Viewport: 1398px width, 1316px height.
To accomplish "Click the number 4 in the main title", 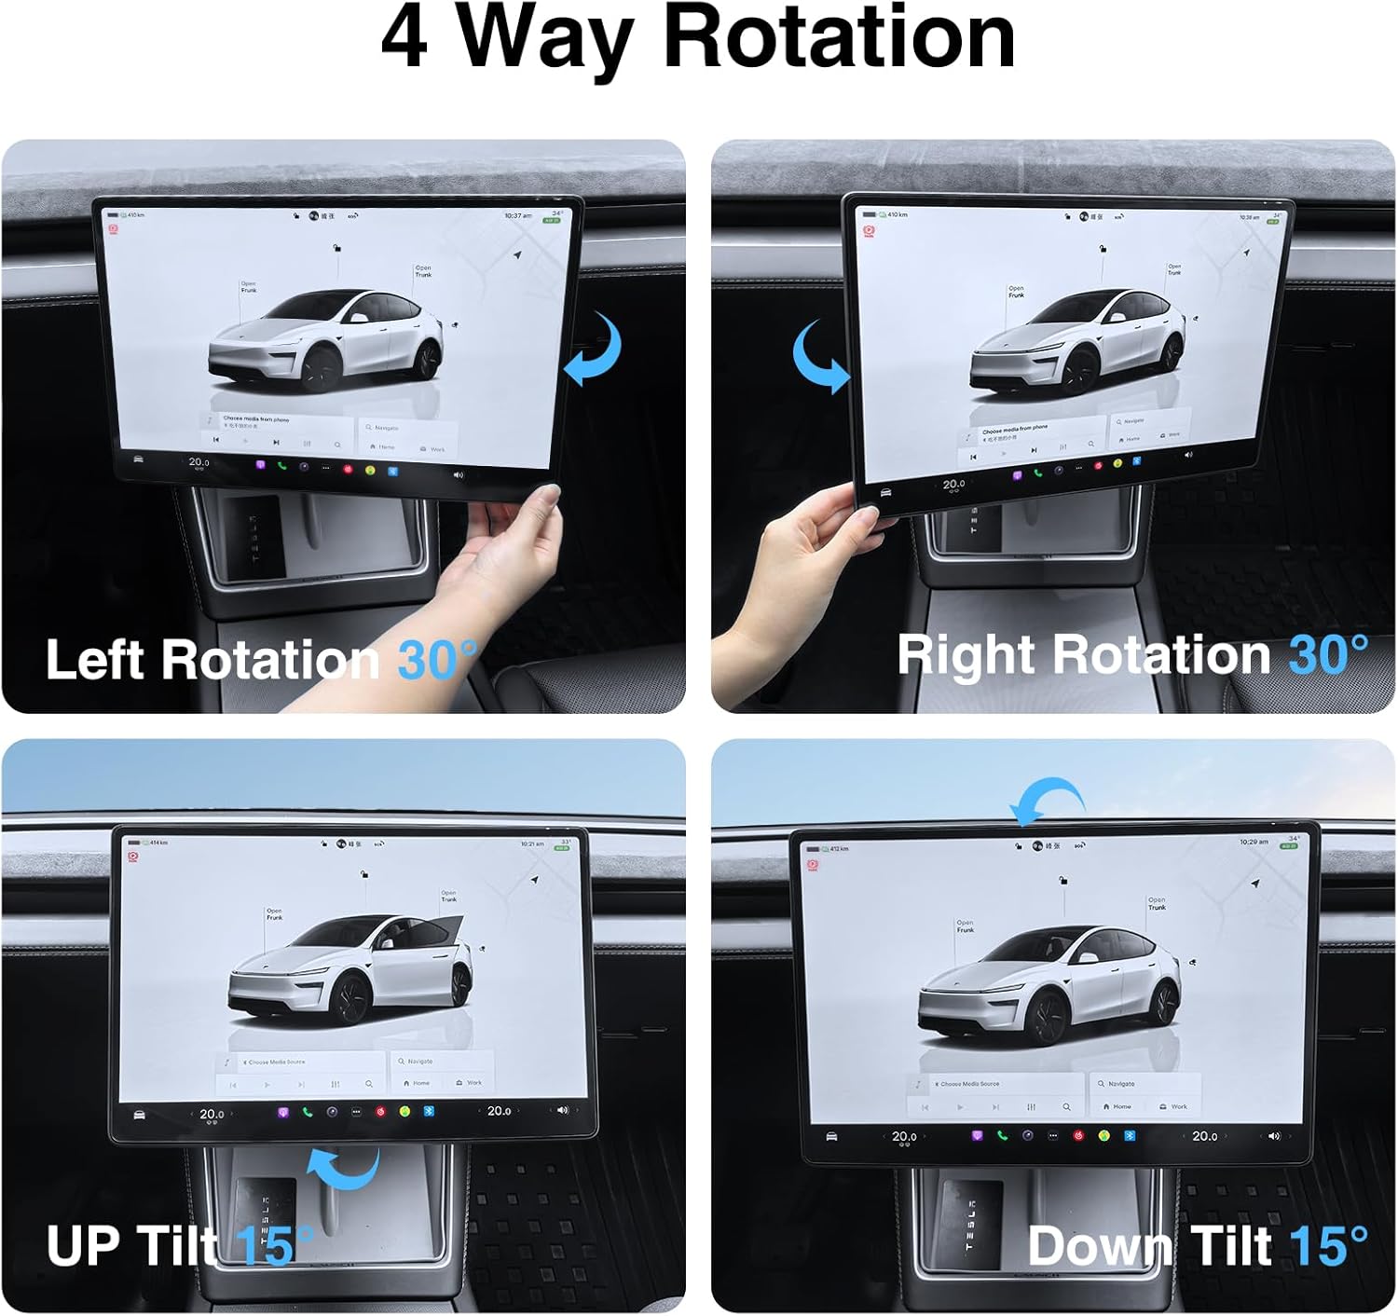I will click(x=404, y=39).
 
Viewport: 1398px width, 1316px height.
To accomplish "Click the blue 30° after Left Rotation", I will click(x=436, y=660).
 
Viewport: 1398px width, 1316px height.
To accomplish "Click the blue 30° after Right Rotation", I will click(x=1327, y=654).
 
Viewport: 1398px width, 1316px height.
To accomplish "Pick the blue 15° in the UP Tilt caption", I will click(x=274, y=1245).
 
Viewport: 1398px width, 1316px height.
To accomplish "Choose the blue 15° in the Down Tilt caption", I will click(x=1328, y=1245).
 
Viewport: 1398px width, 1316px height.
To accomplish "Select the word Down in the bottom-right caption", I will click(x=1100, y=1245).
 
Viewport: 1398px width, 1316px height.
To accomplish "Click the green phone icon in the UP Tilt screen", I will click(x=308, y=1112).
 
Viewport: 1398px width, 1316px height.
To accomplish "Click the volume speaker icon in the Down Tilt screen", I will click(x=1274, y=1136).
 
